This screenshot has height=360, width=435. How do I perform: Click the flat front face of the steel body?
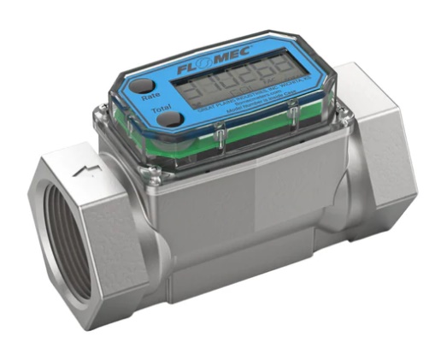(x=248, y=205)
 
